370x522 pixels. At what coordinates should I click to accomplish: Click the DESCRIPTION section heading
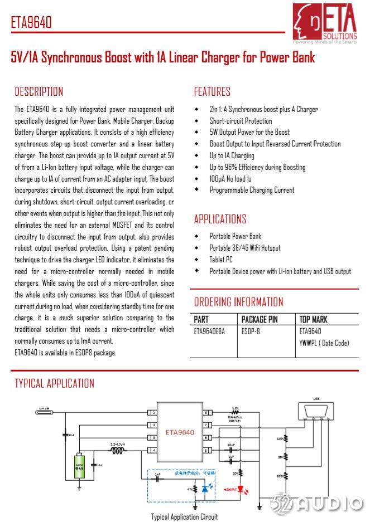pyautogui.click(x=39, y=92)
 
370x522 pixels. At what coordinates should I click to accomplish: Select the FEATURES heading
pyautogui.click(x=212, y=92)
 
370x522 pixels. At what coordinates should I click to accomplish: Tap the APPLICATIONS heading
pyautogui.click(x=220, y=219)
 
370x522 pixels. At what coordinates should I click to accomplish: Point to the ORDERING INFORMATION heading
pyautogui.click(x=238, y=302)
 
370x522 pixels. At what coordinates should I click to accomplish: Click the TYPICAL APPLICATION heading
pyautogui.click(x=54, y=383)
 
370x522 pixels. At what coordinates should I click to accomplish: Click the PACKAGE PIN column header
pyautogui.click(x=260, y=320)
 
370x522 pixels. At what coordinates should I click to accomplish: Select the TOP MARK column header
pyautogui.click(x=314, y=320)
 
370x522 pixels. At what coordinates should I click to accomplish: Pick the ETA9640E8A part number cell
pyautogui.click(x=209, y=331)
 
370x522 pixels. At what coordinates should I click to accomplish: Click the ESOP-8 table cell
pyautogui.click(x=251, y=331)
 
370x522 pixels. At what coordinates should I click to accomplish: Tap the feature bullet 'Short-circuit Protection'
pyautogui.click(x=241, y=121)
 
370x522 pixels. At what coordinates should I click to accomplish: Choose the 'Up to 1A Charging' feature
pyautogui.click(x=232, y=155)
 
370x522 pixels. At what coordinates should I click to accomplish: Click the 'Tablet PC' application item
pyautogui.click(x=221, y=260)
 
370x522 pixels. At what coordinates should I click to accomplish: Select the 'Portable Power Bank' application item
pyautogui.click(x=235, y=236)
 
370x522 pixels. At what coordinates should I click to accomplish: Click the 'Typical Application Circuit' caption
pyautogui.click(x=184, y=516)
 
